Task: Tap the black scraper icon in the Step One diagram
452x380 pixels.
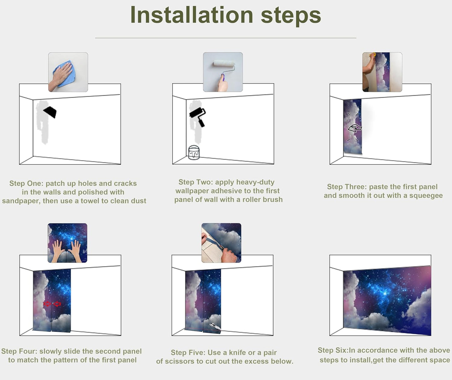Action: point(50,112)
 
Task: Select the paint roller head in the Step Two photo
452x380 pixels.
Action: point(224,64)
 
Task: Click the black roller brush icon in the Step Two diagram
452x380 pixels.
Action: point(198,116)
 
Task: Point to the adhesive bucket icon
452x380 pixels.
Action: point(194,152)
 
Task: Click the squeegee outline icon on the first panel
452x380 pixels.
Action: point(355,128)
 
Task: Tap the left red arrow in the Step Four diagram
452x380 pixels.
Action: point(47,304)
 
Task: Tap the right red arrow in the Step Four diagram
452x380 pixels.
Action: point(57,304)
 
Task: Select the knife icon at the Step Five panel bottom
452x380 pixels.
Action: point(215,327)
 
